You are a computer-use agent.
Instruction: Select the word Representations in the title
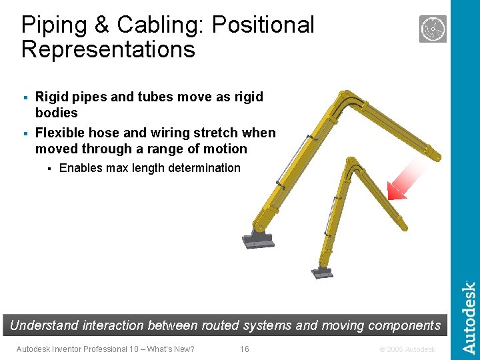[x=108, y=49]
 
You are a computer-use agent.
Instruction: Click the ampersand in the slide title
[x=102, y=25]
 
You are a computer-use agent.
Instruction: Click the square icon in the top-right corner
[x=433, y=29]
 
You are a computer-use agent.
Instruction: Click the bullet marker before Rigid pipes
[x=26, y=98]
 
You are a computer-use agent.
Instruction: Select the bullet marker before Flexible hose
[x=26, y=133]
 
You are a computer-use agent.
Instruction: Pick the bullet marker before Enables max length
[x=49, y=169]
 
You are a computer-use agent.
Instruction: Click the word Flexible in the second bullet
[x=60, y=133]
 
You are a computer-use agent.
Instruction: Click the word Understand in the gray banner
[x=44, y=325]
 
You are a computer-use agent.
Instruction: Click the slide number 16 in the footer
[x=244, y=349]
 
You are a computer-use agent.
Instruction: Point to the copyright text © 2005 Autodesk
[x=407, y=349]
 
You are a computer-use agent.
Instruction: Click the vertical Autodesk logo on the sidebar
[x=469, y=317]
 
